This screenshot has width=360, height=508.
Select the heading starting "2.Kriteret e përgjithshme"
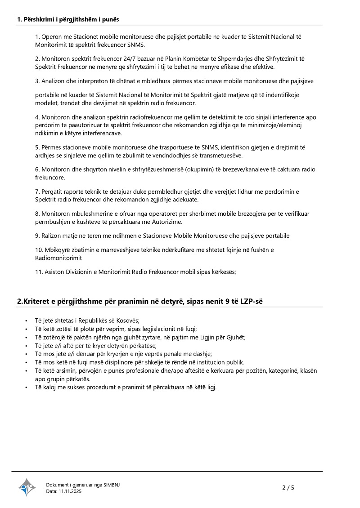click(140, 301)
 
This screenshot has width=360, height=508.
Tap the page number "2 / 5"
click(288, 488)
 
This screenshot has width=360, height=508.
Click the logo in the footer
click(27, 487)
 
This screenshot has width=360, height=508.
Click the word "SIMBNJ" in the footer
click(112, 485)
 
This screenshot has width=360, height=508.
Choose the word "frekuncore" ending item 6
click(50, 178)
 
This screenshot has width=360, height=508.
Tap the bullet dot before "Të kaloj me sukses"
click(27, 388)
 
